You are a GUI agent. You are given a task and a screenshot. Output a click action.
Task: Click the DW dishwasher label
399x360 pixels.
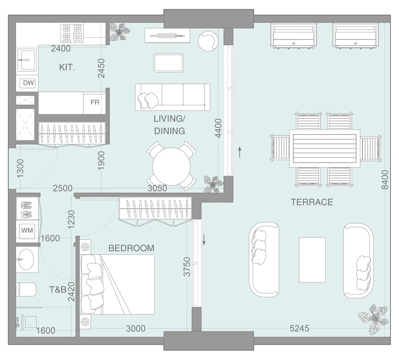[x=28, y=83]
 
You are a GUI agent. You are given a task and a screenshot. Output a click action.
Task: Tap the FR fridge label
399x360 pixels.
[x=95, y=102]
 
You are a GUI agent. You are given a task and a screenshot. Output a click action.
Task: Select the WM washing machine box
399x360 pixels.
[x=27, y=230]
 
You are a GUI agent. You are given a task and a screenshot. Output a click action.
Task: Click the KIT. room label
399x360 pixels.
[x=67, y=67]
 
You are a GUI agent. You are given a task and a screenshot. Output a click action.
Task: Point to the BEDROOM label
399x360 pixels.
[x=131, y=248]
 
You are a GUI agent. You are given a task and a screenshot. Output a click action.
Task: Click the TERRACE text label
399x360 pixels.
[x=312, y=202]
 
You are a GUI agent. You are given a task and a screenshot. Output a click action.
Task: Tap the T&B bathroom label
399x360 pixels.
[x=58, y=289]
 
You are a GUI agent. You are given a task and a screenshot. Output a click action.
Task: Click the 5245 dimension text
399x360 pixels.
[x=299, y=328]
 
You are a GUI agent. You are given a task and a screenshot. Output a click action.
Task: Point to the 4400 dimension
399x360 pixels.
[x=218, y=128]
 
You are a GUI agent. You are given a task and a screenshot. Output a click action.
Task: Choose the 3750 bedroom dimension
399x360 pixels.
[x=187, y=267]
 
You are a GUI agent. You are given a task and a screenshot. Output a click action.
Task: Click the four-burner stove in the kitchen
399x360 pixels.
[x=72, y=33]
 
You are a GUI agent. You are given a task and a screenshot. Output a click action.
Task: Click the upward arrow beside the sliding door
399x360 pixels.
[x=240, y=152]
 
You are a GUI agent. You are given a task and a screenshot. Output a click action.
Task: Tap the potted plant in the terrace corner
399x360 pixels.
[x=373, y=317]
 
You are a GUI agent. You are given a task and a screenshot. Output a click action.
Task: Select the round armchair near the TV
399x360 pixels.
[x=207, y=41]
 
